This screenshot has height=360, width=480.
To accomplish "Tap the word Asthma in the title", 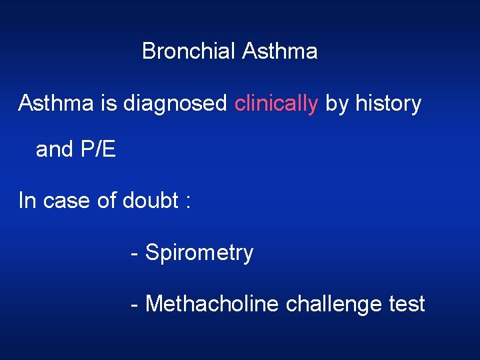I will pyautogui.click(x=280, y=51).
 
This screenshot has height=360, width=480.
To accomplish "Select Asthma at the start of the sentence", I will pyautogui.click(x=56, y=103).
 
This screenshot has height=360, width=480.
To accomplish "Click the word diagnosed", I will pyautogui.click(x=175, y=104).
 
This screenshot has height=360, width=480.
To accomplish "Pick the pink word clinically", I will pyautogui.click(x=276, y=104).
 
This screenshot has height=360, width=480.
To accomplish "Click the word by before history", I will pyautogui.click(x=337, y=104).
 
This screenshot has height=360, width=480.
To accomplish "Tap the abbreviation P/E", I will pyautogui.click(x=97, y=149).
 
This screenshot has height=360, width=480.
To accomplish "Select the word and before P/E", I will pyautogui.click(x=55, y=149).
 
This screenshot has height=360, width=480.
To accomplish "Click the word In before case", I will pyautogui.click(x=27, y=200).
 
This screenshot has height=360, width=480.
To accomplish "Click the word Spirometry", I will pyautogui.click(x=199, y=253).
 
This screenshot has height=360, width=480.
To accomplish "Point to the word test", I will pyautogui.click(x=407, y=304).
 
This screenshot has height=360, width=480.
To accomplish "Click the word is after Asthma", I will pyautogui.click(x=108, y=103).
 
